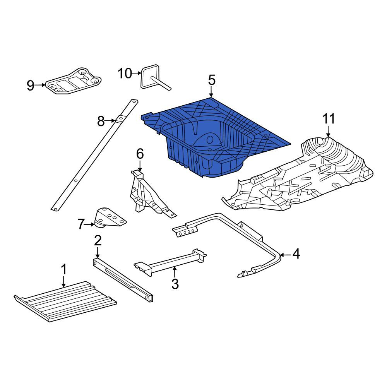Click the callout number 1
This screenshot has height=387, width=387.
(64, 269)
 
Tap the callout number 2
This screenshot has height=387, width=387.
(98, 241)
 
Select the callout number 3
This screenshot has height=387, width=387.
(175, 284)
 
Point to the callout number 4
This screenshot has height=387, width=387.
(296, 254)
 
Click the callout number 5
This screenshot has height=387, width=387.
(212, 80)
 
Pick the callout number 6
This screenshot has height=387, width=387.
(140, 154)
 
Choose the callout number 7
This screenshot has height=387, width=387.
(81, 224)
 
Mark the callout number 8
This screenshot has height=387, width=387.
(101, 121)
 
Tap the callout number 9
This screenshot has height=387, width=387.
(30, 86)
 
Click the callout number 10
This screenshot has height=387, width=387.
(125, 73)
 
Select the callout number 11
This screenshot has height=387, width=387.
(329, 119)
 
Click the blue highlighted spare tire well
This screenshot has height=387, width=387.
(212, 138)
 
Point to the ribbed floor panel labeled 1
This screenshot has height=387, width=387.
(65, 301)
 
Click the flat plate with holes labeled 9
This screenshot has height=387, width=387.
(74, 81)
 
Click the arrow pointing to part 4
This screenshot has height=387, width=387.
(286, 255)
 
